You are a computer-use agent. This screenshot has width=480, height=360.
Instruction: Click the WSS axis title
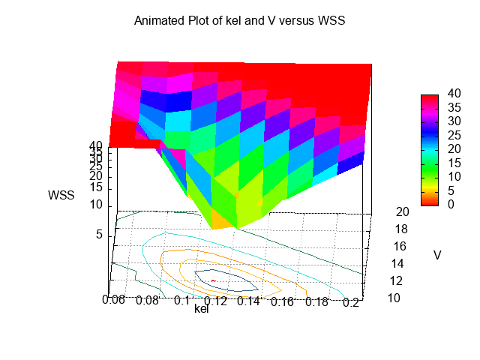click(61, 196)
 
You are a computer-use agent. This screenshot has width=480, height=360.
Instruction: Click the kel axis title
click(201, 308)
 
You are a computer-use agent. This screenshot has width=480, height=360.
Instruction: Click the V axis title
click(437, 256)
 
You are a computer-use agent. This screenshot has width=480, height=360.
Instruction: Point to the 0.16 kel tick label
click(283, 302)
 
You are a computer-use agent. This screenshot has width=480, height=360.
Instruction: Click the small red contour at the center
click(213, 280)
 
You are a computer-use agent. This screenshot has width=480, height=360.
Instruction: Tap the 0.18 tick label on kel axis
click(318, 302)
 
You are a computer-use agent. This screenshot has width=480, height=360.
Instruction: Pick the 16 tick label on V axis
click(400, 246)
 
